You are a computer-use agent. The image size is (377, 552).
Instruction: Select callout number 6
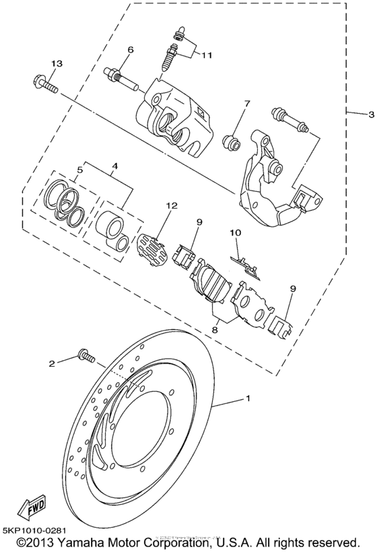pos(130,50)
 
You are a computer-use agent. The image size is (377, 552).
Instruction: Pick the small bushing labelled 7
pos(232,141)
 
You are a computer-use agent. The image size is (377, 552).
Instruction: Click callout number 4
pos(114,165)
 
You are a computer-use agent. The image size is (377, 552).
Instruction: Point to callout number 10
pos(236,232)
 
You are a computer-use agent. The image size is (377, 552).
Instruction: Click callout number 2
pos(50,364)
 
